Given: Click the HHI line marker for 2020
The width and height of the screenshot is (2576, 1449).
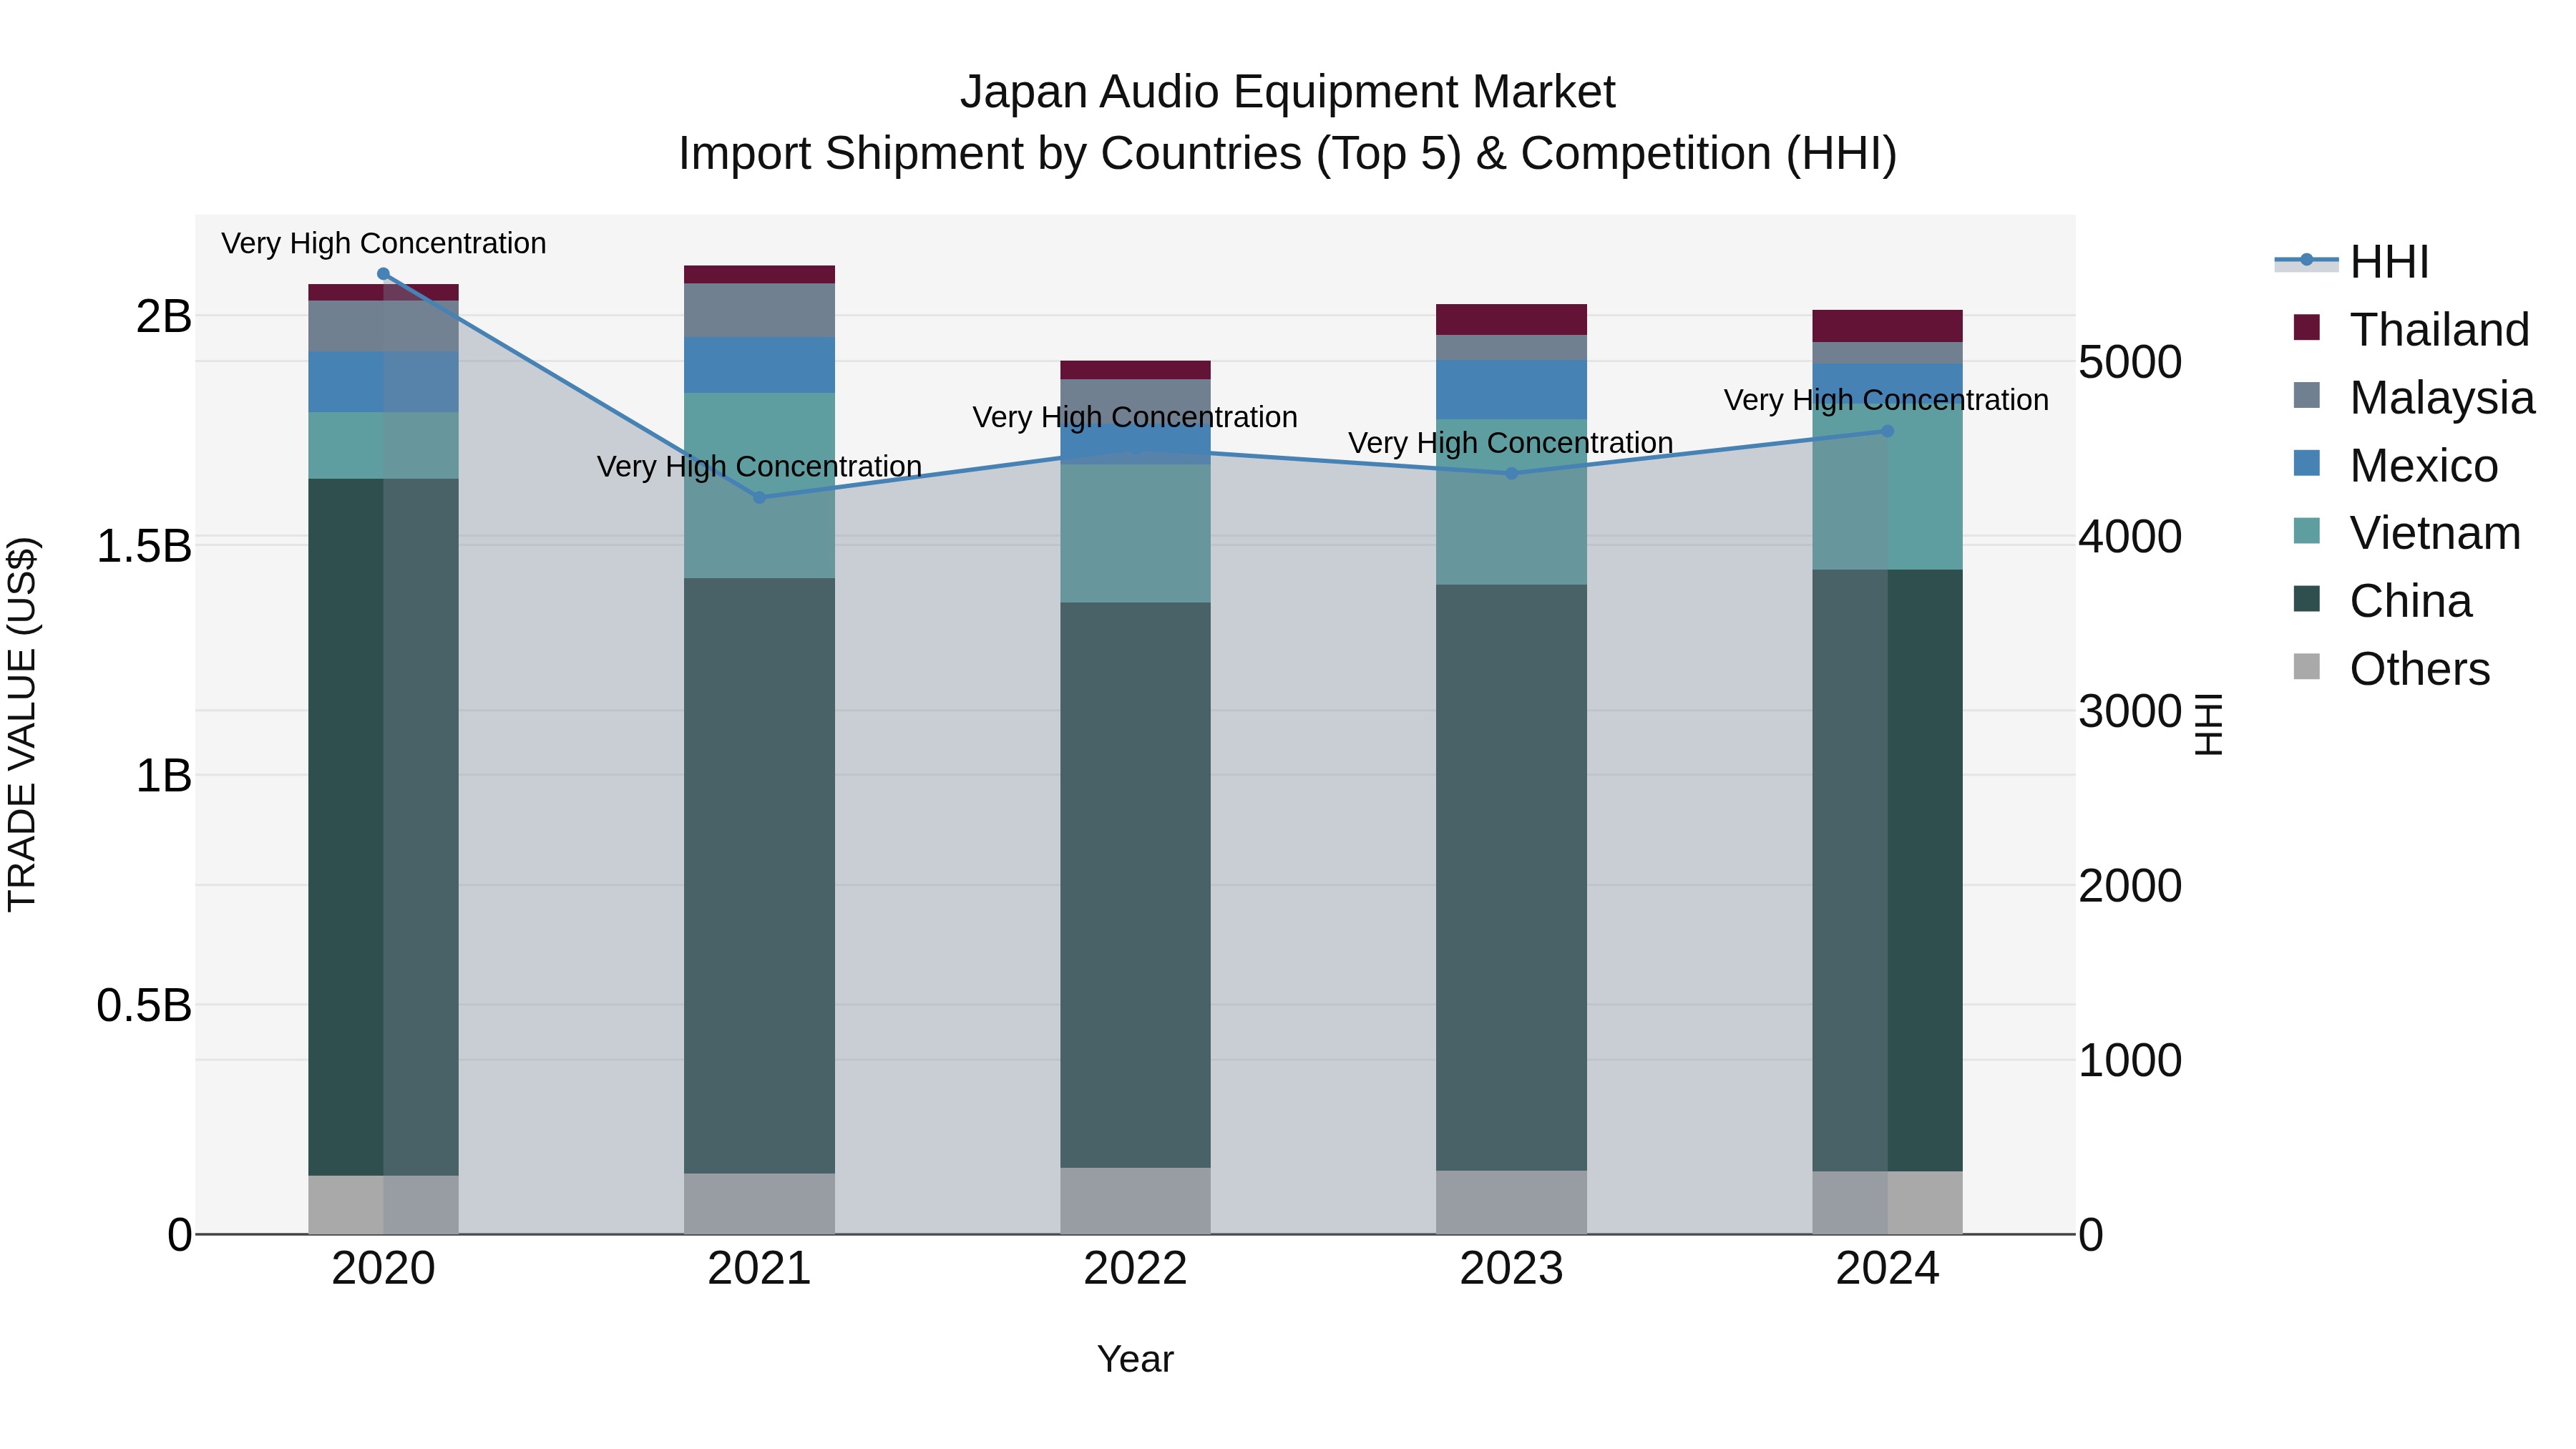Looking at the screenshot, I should point(383,274).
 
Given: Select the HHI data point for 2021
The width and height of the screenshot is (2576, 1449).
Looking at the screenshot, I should point(759,497).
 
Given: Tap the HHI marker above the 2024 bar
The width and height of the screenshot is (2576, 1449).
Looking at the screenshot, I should point(1887,431).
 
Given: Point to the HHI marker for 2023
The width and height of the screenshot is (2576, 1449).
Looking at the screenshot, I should point(1511,473).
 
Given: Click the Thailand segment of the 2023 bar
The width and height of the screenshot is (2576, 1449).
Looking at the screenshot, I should point(1511,319).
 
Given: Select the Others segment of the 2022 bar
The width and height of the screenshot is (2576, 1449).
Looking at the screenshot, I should point(1135,1200).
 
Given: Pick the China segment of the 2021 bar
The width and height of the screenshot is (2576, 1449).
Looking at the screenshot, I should point(759,875).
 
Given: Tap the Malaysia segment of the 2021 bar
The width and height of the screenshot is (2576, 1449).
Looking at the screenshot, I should point(759,310).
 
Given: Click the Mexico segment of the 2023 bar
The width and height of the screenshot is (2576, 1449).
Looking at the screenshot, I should point(1511,389).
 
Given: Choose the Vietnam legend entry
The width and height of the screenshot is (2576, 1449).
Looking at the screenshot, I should point(2434,533).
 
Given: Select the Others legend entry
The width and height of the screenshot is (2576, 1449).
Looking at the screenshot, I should point(2418,669).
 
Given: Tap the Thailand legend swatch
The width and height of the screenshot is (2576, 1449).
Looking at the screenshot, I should point(2306,328).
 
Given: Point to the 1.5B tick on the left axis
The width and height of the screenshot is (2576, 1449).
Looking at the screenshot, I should point(144,546).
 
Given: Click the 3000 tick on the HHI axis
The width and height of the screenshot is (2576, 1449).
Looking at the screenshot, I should point(2129,711).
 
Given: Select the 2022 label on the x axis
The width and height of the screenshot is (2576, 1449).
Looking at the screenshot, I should point(1135,1268).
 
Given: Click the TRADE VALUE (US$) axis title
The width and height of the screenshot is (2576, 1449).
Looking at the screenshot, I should point(22,724).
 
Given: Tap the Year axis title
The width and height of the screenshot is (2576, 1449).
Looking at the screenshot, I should point(1135,1359).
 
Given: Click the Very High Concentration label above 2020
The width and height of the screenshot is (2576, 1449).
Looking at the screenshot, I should point(383,243).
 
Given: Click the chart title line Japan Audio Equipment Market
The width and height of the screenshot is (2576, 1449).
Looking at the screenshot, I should point(1287,92).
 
